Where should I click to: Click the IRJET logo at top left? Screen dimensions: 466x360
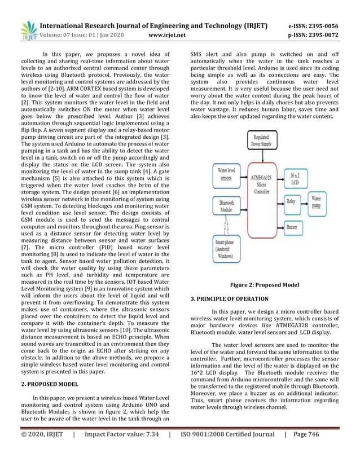(x=28, y=31)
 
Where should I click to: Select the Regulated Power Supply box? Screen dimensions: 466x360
(x=262, y=141)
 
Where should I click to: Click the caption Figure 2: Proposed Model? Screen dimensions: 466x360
(x=265, y=285)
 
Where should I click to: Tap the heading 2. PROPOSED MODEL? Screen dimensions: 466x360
(x=50, y=384)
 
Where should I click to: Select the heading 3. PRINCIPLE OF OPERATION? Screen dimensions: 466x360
(x=229, y=298)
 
